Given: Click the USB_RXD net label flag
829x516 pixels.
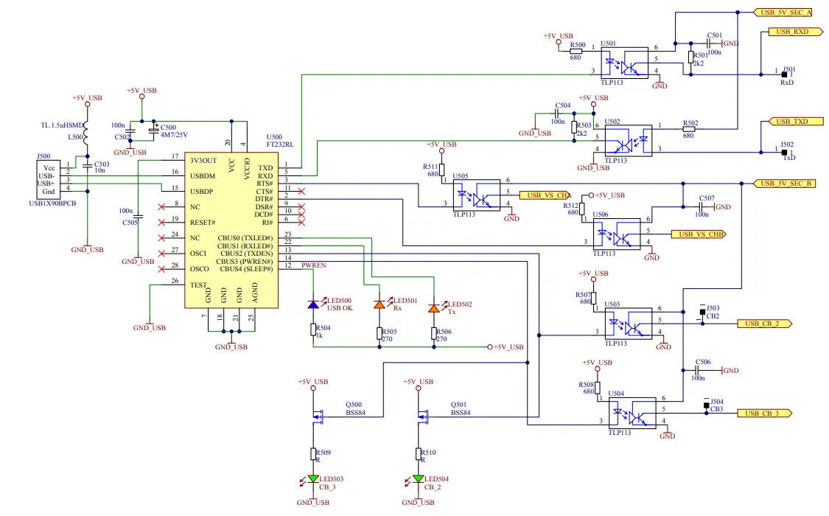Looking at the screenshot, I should (x=790, y=32).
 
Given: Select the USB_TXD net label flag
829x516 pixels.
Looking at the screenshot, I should (x=790, y=121).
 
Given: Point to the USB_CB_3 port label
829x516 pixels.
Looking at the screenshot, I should (x=763, y=414).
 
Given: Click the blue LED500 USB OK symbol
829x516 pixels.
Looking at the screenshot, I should (x=313, y=304).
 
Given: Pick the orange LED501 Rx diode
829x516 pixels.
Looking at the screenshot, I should (x=379, y=304).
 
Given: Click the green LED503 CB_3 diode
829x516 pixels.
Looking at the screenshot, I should (x=312, y=478).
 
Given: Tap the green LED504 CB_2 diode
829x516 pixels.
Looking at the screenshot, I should (x=418, y=478).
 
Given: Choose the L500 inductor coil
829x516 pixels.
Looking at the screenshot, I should (x=87, y=133).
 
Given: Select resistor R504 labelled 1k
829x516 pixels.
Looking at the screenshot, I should (x=313, y=330).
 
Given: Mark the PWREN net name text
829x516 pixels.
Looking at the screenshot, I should (x=314, y=264).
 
